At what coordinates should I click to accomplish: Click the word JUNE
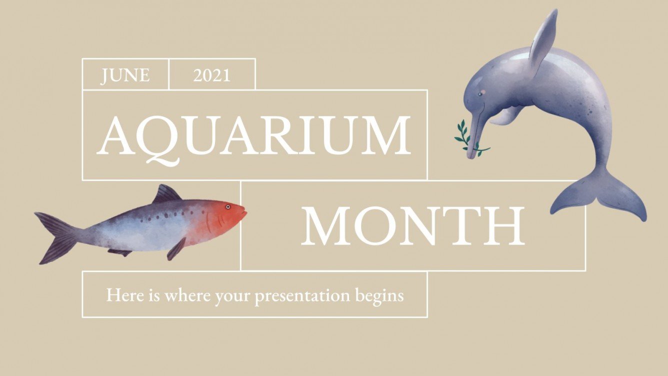tap(125, 75)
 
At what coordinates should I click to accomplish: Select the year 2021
tap(212, 75)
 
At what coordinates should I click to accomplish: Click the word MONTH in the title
tap(412, 225)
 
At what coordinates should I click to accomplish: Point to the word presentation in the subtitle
tap(302, 295)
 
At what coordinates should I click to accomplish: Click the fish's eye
tap(227, 206)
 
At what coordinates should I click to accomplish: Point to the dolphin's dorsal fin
tap(542, 40)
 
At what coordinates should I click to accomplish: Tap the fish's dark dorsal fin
tap(166, 194)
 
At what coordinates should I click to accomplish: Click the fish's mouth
tap(244, 212)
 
